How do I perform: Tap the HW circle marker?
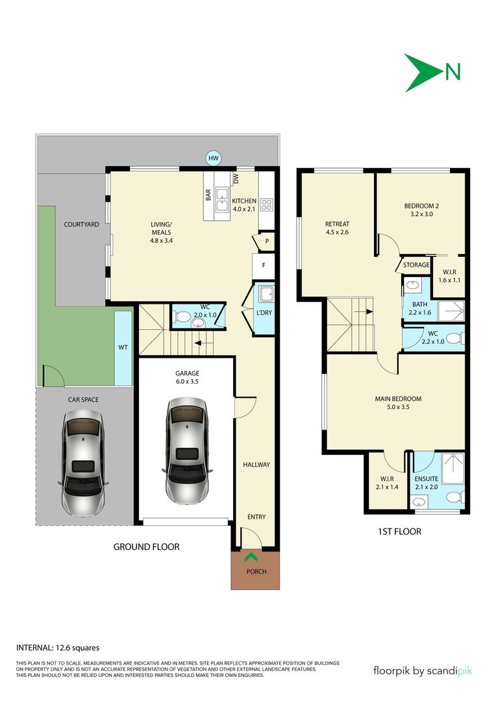point(214,158)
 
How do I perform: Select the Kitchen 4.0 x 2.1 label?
point(244,205)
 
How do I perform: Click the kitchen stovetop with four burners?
point(267,205)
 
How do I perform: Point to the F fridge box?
point(264,265)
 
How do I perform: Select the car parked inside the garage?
point(186,450)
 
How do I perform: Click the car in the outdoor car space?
point(82,463)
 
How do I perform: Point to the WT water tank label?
point(123,348)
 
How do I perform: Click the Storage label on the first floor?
point(416,265)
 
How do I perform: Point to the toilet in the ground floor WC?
point(182,317)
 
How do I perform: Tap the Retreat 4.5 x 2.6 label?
point(337,228)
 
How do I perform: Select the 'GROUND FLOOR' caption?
point(146,547)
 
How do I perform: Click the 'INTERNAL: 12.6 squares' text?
point(57,647)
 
